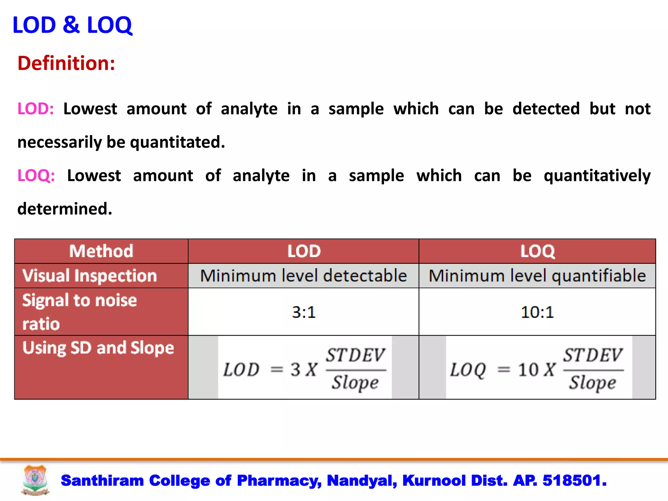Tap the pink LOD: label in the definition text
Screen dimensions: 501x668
35,109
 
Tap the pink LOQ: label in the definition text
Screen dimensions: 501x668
36,175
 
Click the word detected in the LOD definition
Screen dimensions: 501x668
546,109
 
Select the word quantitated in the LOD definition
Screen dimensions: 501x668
177,143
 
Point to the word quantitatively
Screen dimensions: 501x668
597,176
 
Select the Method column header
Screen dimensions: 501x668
101,251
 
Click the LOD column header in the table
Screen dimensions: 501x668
304,251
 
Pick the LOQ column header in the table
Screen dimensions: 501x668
537,251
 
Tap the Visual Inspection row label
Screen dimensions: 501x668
90,276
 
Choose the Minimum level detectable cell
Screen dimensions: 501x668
303,276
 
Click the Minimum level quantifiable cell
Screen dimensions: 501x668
537,276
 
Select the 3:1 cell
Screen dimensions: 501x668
304,312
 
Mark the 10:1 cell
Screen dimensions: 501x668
537,312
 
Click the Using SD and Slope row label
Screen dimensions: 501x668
98,348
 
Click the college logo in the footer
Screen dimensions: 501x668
35,480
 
